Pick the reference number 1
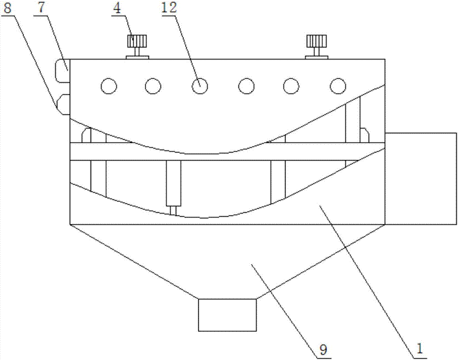pos(420,349)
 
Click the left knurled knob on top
pos(136,41)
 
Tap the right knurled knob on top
pos(316,41)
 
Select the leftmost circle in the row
pos(109,87)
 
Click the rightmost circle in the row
pos(338,86)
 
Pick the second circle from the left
pos(153,87)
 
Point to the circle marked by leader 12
pos(200,87)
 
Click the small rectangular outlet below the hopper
pos(228,315)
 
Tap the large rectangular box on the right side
pos(421,179)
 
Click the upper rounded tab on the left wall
pos(62,71)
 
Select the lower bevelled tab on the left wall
pos(63,104)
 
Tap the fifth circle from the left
pos(291,87)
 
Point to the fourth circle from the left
pos(246,87)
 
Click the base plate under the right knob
pos(316,58)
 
